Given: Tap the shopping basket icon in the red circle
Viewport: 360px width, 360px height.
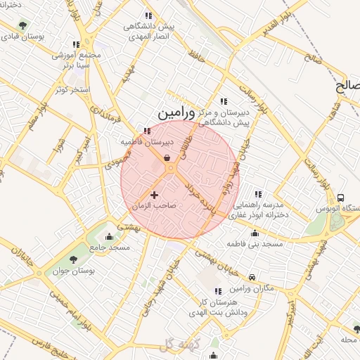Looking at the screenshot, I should (167, 158).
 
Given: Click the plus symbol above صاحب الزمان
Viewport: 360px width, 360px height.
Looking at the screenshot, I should (155, 195).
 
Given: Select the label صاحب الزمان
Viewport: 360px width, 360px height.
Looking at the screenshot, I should (153, 206).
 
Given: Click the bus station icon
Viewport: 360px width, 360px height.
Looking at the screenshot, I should (341, 198).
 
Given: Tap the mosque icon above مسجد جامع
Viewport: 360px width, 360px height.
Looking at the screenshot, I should (109, 236).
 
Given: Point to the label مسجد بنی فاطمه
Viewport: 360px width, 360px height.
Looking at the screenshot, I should (254, 243).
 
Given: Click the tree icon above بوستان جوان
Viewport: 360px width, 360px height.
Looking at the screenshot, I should (74, 259).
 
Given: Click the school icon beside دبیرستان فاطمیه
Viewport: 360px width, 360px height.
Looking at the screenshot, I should (147, 131).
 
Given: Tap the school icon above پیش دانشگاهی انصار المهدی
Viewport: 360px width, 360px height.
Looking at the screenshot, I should (148, 15).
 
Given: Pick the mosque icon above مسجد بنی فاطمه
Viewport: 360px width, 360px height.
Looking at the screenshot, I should (255, 233).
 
